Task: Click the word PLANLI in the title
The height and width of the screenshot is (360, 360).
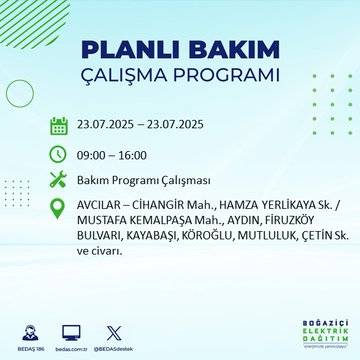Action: tap(129, 49)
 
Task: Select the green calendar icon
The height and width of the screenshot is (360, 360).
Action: tap(59, 125)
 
